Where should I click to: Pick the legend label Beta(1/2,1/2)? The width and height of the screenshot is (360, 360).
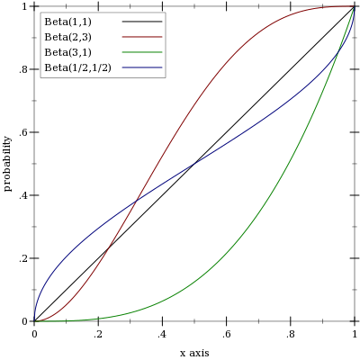point(77,68)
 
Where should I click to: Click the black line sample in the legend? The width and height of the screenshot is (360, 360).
point(142,22)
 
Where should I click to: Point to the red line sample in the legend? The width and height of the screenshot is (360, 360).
point(142,37)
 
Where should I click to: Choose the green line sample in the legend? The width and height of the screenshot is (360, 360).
point(142,52)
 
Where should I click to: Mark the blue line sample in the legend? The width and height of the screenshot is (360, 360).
point(142,67)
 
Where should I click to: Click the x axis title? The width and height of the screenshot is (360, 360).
point(194,353)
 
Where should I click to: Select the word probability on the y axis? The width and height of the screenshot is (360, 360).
point(8,164)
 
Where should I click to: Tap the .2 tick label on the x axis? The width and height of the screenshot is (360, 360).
point(98,335)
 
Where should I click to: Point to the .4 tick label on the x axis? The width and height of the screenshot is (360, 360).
point(162,335)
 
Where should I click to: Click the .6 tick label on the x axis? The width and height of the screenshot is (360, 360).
point(227,335)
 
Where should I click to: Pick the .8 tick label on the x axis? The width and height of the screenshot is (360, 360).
point(291,335)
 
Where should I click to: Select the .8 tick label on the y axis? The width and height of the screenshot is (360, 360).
point(23,69)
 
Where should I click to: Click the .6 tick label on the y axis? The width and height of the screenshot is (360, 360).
point(23,132)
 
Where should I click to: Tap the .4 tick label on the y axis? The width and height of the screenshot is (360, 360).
point(23,195)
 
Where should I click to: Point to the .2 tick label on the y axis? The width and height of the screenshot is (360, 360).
point(23,258)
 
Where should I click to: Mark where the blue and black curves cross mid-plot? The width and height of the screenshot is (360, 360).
point(194,164)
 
